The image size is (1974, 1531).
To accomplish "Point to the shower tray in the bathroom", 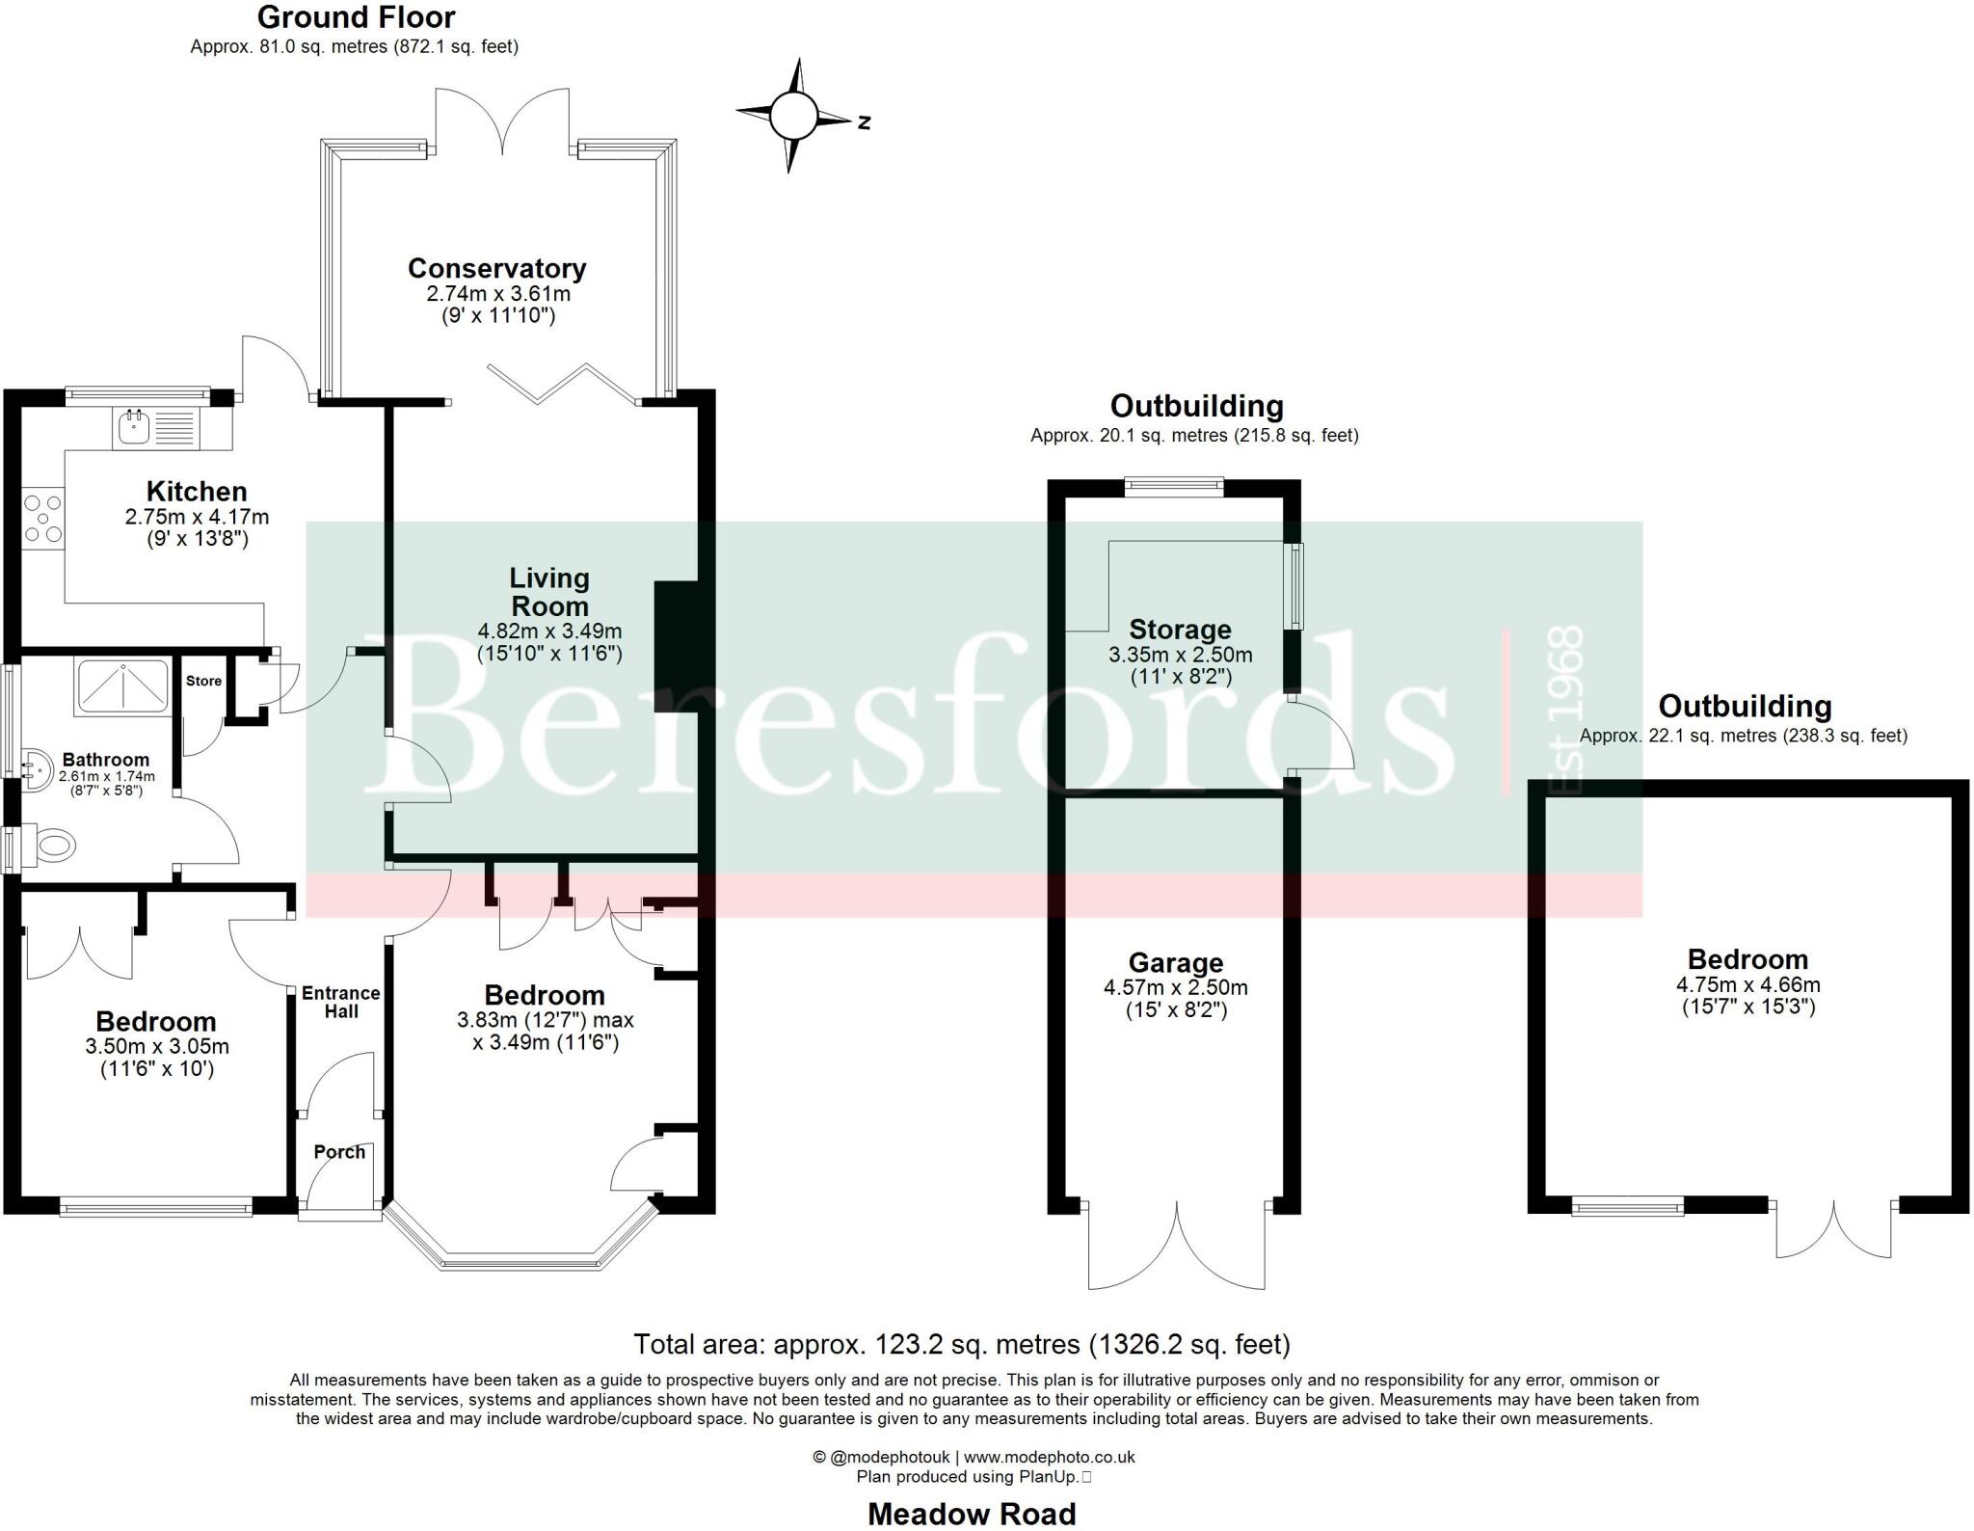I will click(x=122, y=685).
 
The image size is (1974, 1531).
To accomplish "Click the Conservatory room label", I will click(x=496, y=268).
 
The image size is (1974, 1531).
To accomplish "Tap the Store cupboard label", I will click(x=203, y=681).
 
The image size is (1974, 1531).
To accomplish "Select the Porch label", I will click(x=339, y=1152).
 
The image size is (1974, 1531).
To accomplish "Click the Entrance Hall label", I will click(x=340, y=1002).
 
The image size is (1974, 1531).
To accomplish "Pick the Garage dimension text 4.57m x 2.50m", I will click(x=1175, y=988).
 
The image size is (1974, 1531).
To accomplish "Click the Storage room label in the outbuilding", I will click(x=1180, y=630).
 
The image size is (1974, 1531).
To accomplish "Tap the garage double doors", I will click(x=1177, y=1249).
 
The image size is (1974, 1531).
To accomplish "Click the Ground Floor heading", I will click(x=356, y=17).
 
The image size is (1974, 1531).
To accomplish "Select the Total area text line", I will click(x=961, y=1344).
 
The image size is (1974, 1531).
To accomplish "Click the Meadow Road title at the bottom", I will click(x=971, y=1515).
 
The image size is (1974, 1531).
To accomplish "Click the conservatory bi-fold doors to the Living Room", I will click(x=562, y=383).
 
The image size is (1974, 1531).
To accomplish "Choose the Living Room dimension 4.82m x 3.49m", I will click(x=549, y=632).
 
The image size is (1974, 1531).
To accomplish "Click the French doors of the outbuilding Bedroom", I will click(x=1833, y=1230).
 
